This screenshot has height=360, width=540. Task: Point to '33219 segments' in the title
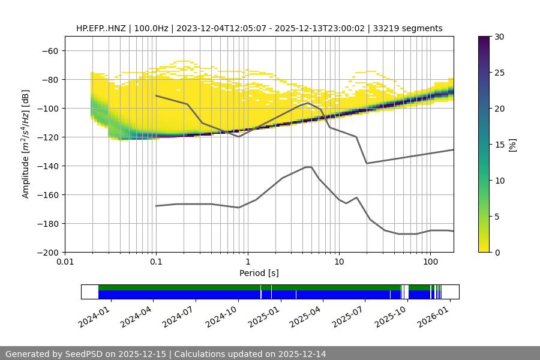408,28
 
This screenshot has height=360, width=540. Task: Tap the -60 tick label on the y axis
50,50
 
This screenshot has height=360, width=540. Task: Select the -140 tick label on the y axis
48,166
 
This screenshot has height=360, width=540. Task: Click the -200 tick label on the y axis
48,252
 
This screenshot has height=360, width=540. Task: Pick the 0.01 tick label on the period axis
65,262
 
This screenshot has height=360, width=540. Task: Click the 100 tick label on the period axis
430,262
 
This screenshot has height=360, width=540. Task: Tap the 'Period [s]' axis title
259,273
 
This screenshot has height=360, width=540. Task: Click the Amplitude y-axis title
26,144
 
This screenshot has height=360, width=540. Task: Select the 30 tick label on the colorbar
499,37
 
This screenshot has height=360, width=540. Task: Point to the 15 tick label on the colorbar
499,145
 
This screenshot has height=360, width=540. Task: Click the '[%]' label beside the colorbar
512,145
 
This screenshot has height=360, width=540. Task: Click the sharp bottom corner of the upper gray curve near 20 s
367,163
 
